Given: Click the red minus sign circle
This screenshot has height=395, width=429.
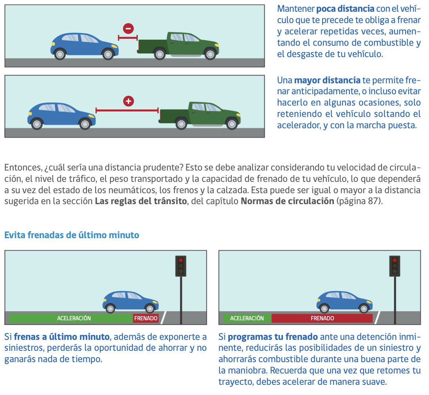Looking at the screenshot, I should coord(128,29).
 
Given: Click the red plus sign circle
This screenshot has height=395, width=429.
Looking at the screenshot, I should coord(128,101).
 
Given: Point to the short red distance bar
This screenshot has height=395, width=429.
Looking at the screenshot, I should coord(128,38).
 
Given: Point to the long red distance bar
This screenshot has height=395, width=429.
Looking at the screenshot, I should coord(127,111).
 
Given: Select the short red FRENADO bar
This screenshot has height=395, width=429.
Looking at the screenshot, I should coord(146,318).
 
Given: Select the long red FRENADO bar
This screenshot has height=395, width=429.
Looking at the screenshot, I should coord(322,318).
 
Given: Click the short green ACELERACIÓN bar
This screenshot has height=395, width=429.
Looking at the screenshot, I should coord(247,318).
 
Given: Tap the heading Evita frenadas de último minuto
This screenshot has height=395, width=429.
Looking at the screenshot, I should coord(72,235).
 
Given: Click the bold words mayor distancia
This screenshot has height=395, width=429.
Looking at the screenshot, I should coord(327,81).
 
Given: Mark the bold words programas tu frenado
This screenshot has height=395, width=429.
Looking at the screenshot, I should coord(273,337).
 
